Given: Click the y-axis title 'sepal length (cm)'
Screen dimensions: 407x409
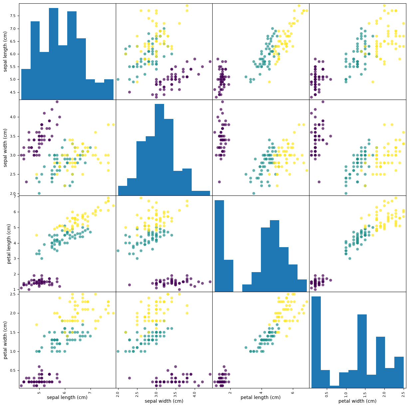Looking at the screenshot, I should coord(5,52).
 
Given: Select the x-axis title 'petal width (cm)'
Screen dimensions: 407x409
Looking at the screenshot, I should coord(357,401).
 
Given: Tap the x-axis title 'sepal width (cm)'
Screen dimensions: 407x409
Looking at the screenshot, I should coord(164,401).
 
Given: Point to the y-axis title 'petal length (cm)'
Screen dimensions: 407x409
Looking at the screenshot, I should coord(9,243).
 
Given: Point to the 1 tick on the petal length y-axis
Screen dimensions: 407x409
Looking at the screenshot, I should coord(16,289).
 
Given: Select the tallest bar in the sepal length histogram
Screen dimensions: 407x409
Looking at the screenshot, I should coord(54,53).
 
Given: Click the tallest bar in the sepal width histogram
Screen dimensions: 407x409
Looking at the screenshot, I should coord(159,150).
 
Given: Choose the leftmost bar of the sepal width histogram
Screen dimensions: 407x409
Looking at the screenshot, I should coord(122,191).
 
